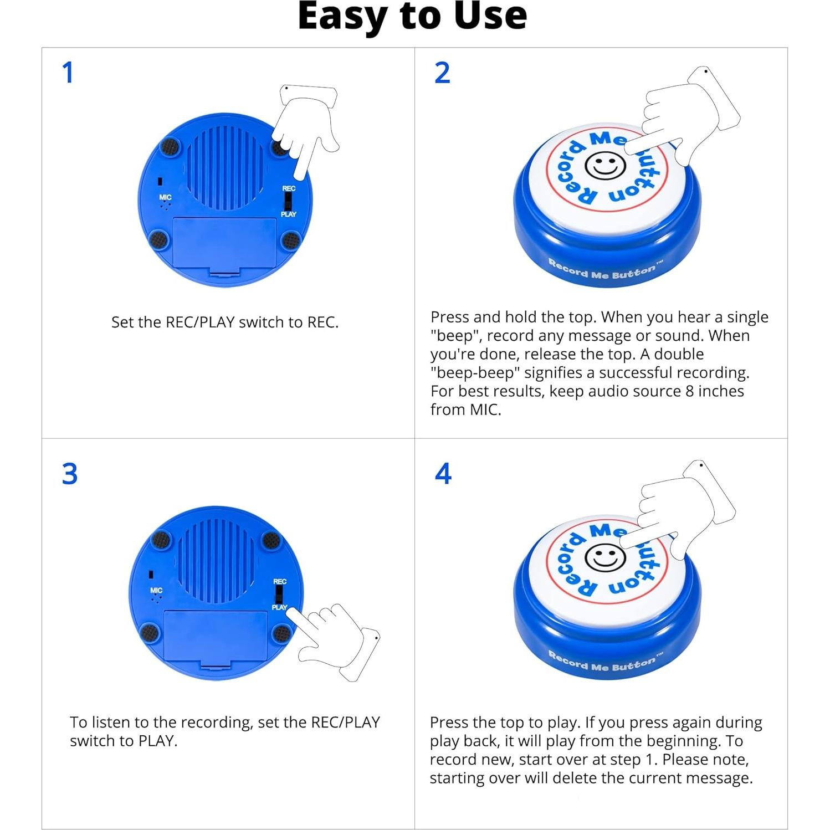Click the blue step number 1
(x=68, y=73)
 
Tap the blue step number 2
(x=442, y=73)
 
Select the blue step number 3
(x=70, y=474)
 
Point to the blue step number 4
(x=443, y=474)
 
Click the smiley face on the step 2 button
(x=605, y=165)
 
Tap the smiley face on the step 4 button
(x=605, y=557)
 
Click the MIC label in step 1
(x=165, y=197)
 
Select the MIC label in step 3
(x=156, y=591)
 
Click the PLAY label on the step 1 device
(x=288, y=214)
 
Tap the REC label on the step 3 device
(x=280, y=581)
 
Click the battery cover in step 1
(x=224, y=244)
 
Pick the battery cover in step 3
(x=216, y=637)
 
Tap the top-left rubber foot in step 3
(x=161, y=539)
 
